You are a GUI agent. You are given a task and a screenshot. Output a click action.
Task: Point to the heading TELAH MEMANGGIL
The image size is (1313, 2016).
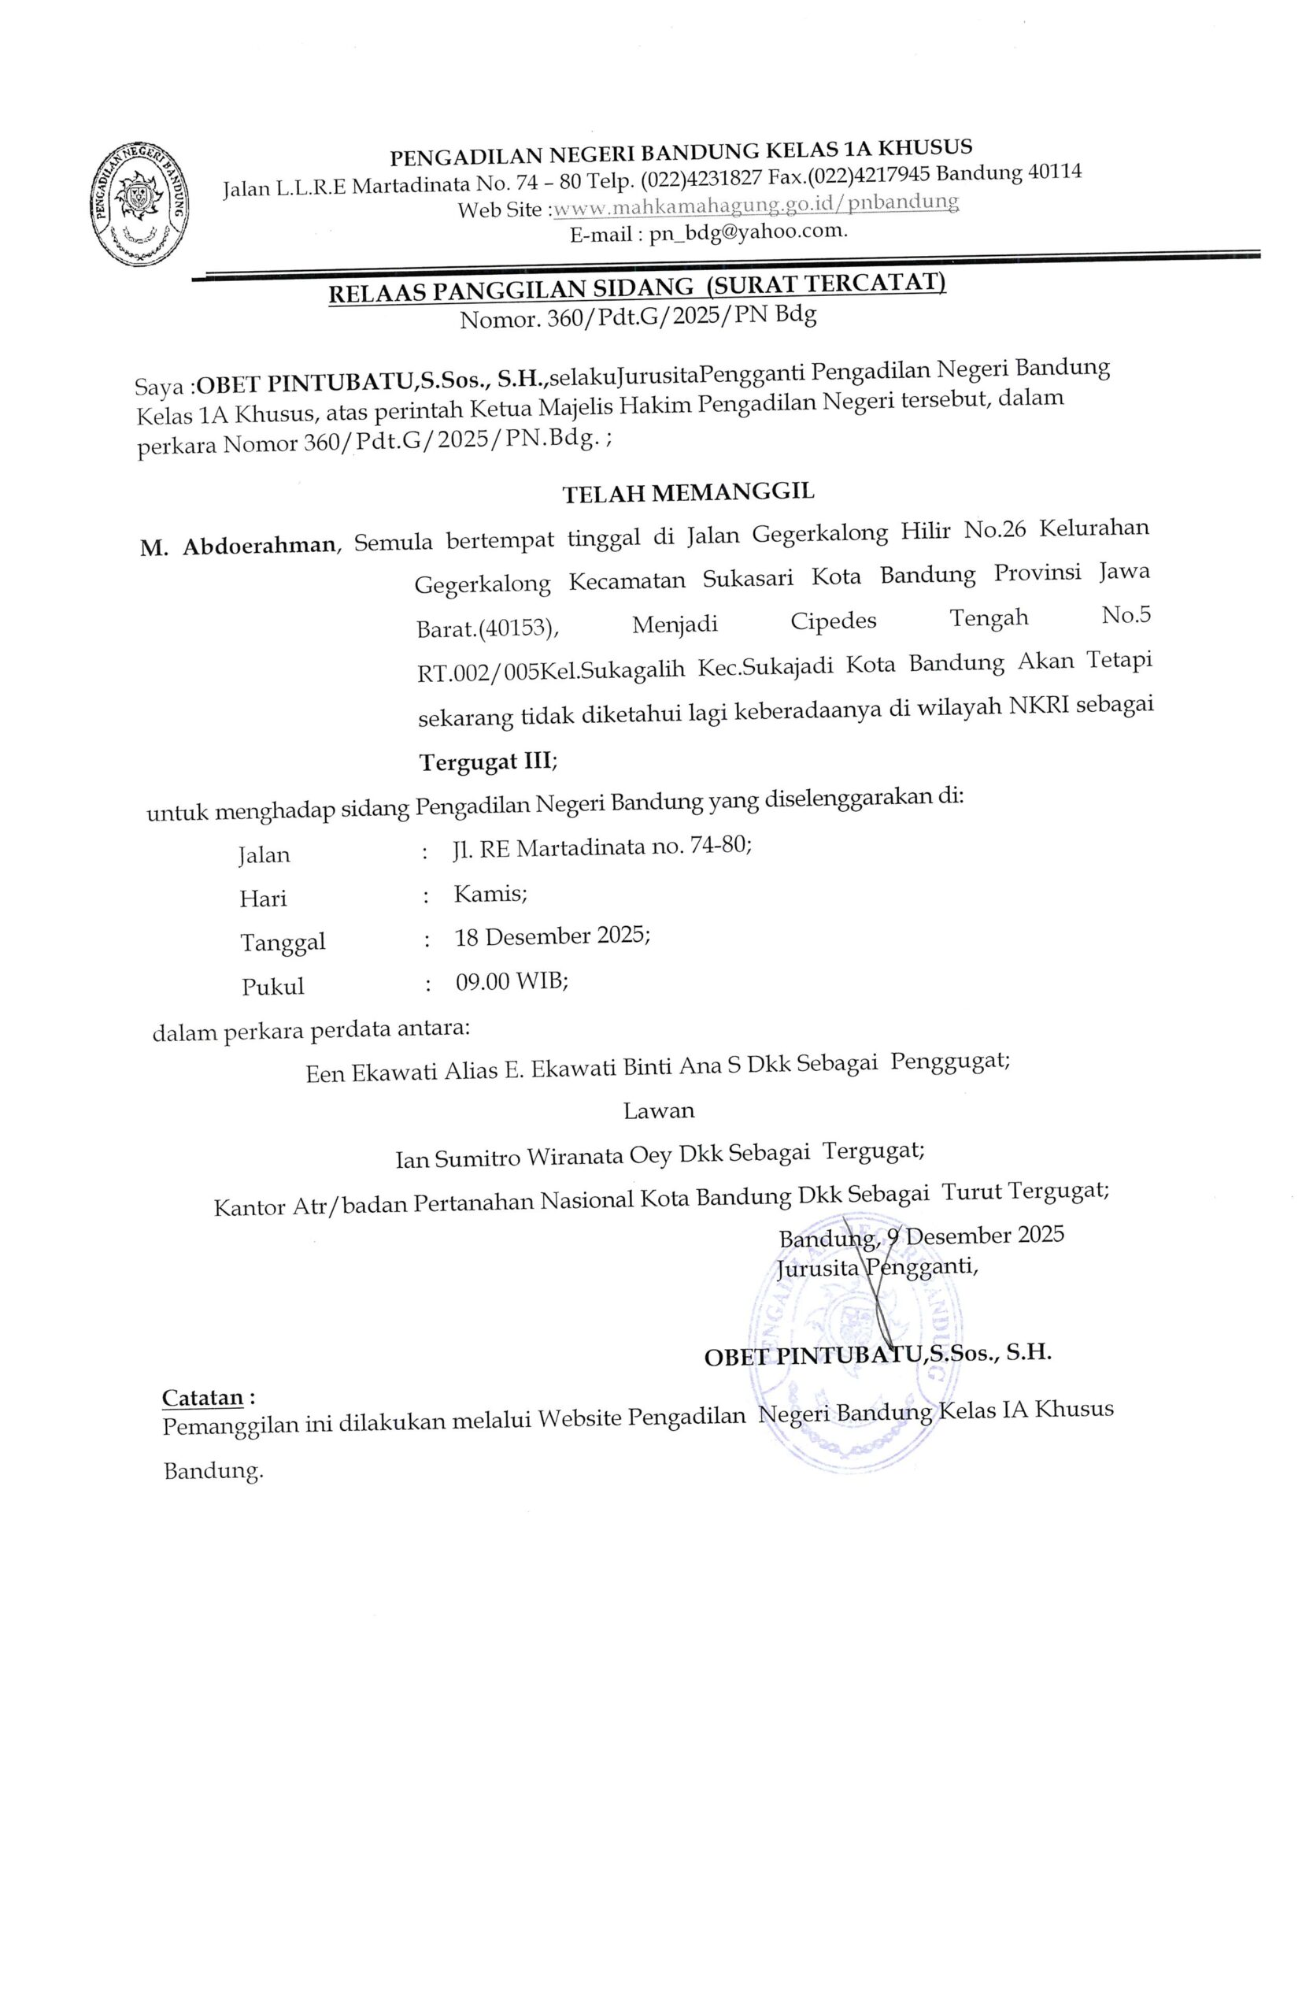pos(688,492)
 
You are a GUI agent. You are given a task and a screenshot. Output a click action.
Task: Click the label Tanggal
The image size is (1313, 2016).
pos(283,941)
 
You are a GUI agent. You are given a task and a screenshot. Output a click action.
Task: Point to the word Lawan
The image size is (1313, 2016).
pos(659,1110)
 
